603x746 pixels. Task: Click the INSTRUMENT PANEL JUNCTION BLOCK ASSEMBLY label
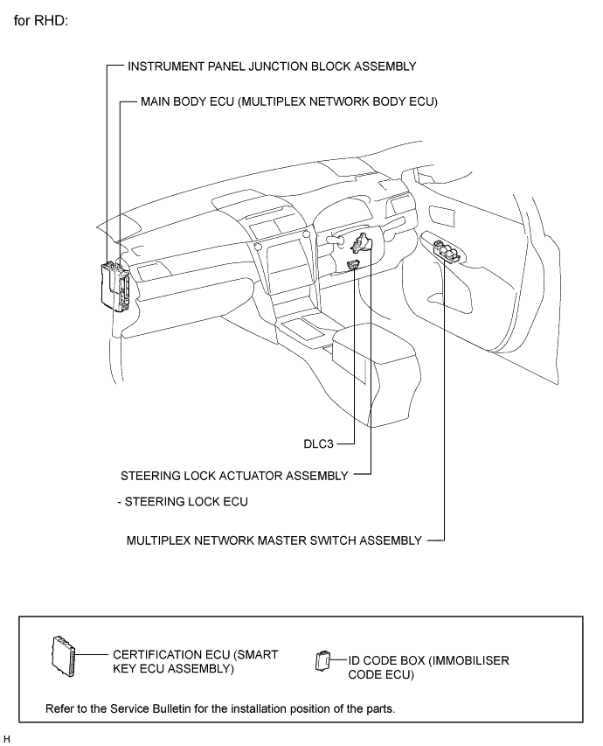[271, 66]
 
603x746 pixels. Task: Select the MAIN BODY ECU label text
[288, 101]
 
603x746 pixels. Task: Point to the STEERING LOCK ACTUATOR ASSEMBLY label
[234, 476]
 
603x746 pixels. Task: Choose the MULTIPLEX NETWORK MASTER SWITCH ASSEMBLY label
[274, 540]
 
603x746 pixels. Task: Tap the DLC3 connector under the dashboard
[353, 264]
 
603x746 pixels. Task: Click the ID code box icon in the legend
[322, 659]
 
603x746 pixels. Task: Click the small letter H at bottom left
[7, 738]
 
